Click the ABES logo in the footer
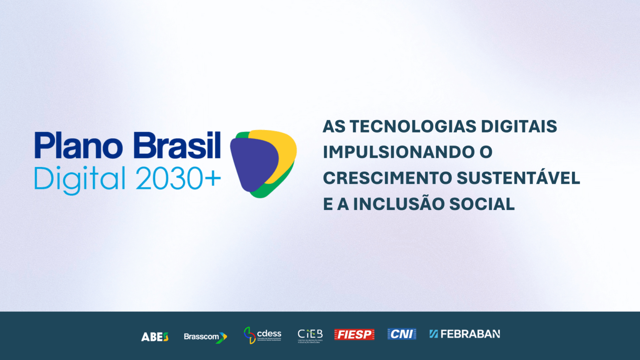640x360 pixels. (x=155, y=337)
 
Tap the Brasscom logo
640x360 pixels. (x=205, y=337)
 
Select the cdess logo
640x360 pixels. (x=262, y=335)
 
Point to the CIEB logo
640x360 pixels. (x=310, y=335)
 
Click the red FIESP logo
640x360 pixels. (x=354, y=335)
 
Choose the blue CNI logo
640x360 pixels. (x=402, y=334)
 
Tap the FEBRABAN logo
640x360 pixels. (x=465, y=334)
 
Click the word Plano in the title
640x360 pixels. (x=79, y=146)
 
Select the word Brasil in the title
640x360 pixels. (x=177, y=146)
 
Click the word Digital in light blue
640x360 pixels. (x=80, y=180)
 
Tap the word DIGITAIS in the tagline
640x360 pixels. (x=519, y=127)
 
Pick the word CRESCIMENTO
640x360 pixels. (x=387, y=178)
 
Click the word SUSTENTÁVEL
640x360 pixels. (x=518, y=177)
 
